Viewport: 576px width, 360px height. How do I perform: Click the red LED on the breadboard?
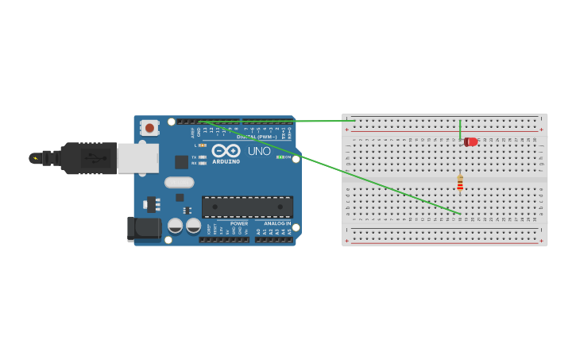[x=471, y=141]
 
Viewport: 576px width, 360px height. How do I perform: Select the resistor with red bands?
[x=460, y=184]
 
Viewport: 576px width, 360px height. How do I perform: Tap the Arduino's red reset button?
[x=149, y=127]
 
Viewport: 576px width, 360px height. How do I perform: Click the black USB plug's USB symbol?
[x=90, y=158]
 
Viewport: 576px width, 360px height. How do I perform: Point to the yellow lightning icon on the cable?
[x=35, y=158]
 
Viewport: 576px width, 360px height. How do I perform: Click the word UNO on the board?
[x=259, y=151]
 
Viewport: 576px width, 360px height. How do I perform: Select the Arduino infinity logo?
[x=226, y=150]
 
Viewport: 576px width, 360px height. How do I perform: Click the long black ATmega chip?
[x=247, y=207]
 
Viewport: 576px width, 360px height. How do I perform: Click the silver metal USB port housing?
[x=137, y=158]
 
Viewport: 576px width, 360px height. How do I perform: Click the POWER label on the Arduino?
[x=239, y=223]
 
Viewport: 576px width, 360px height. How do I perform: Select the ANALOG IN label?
[x=277, y=223]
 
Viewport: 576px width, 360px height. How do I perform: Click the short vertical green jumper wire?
[x=460, y=129]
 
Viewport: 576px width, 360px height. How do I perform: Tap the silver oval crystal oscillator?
[x=179, y=182]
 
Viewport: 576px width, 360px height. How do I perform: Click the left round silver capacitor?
[x=175, y=226]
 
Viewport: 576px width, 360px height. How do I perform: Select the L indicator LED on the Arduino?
[x=202, y=145]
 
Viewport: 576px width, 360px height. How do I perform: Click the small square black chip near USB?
[x=181, y=162]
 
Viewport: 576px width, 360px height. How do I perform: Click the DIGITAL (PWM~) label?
[x=257, y=137]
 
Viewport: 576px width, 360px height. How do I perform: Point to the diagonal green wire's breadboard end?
[x=460, y=214]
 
